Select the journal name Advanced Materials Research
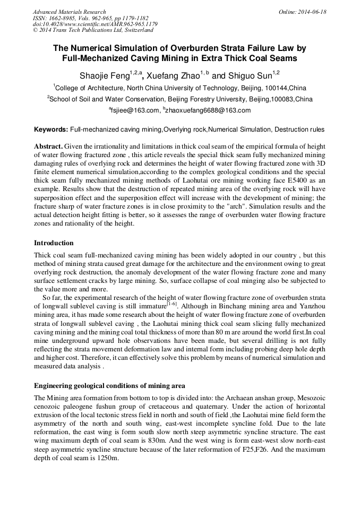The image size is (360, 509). click(69, 12)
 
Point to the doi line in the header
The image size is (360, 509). click(95, 24)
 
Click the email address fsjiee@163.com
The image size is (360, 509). click(135, 110)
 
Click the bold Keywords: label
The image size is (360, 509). click(51, 130)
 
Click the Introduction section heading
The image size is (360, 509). click(54, 243)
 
